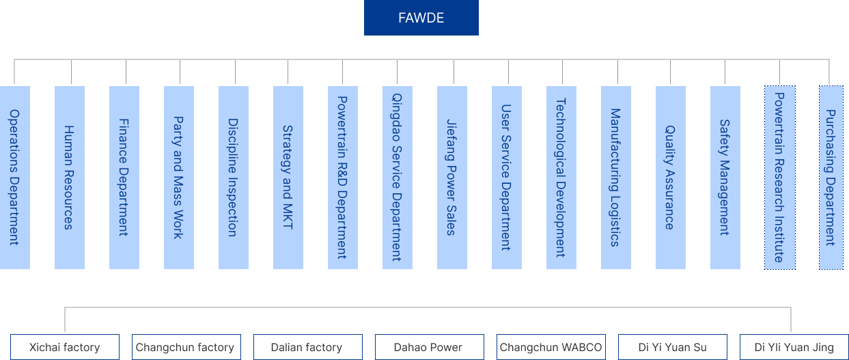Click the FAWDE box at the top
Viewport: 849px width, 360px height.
[x=421, y=18]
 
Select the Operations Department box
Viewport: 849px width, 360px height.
[x=14, y=177]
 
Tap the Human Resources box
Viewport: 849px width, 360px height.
[x=69, y=177]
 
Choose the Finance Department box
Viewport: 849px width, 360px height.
[x=124, y=177]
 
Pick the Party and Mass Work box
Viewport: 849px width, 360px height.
[x=178, y=177]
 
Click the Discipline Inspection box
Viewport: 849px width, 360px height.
[x=233, y=177]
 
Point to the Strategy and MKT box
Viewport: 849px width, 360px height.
[x=288, y=177]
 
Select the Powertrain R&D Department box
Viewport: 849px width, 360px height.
[x=342, y=177]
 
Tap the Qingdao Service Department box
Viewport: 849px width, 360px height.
[x=397, y=177]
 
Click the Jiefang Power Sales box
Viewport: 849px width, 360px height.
[x=451, y=177]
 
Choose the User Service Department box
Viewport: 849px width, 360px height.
[x=506, y=177]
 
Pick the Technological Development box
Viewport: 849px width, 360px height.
[x=561, y=177]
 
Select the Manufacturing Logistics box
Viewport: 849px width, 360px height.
[x=615, y=177]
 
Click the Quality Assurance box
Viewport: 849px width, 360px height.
[x=670, y=177]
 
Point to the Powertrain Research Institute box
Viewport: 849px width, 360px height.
[x=779, y=177]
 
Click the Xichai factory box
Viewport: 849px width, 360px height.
[x=65, y=347]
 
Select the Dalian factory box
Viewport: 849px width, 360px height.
[x=307, y=347]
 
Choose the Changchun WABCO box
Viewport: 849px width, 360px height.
[x=551, y=347]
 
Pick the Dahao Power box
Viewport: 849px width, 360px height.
[x=429, y=347]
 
